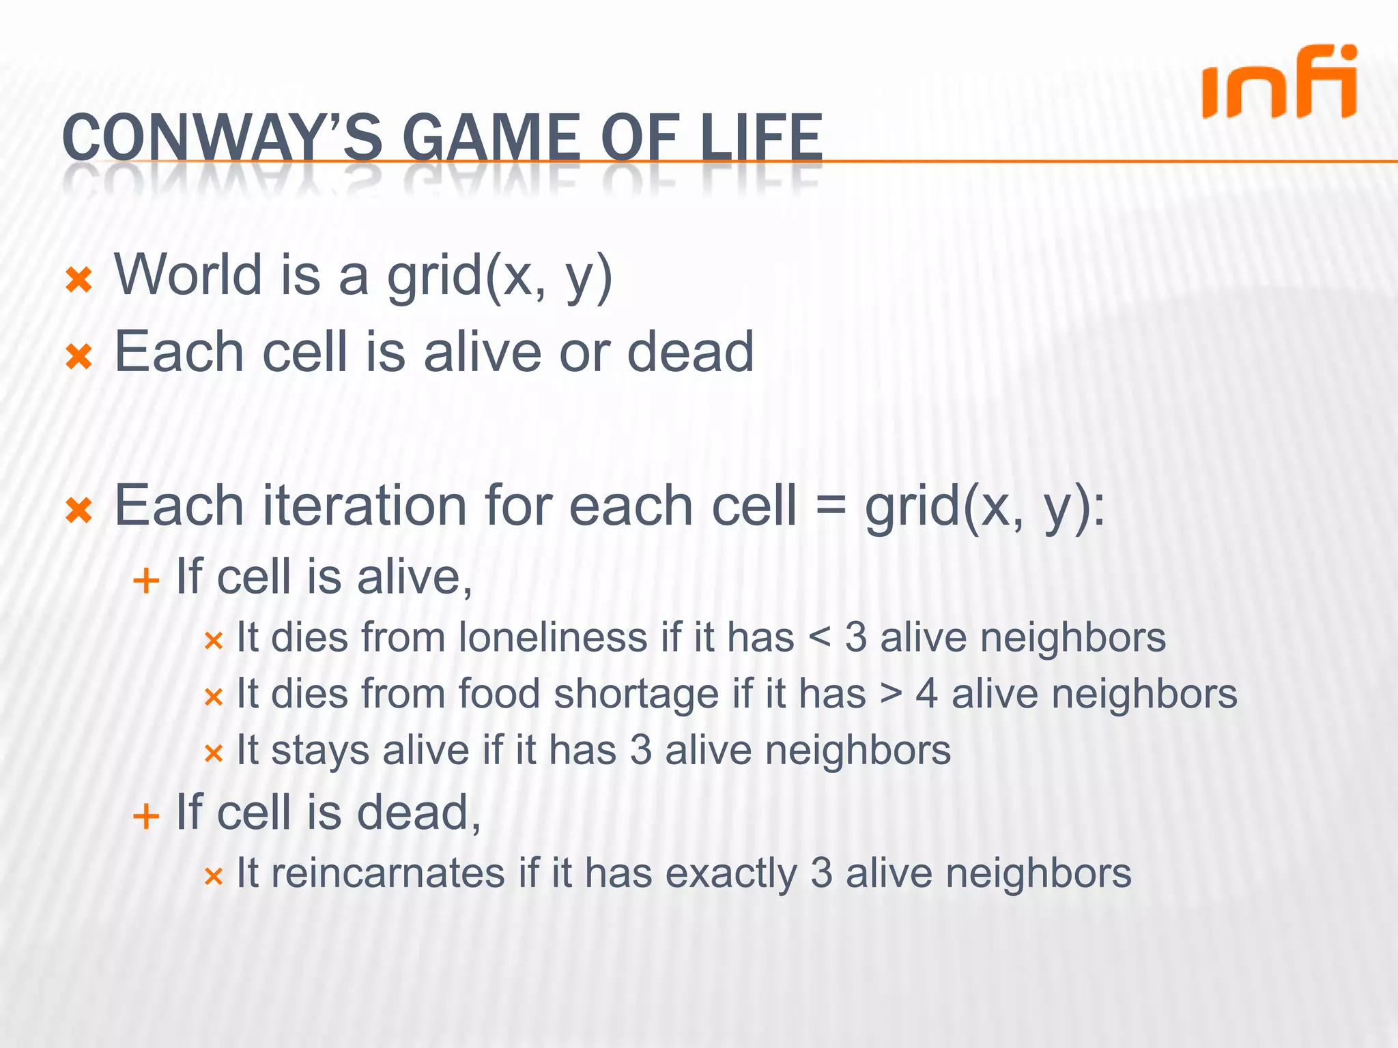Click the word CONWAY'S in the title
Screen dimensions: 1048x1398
tap(223, 139)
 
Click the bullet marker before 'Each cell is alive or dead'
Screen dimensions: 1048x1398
tap(79, 356)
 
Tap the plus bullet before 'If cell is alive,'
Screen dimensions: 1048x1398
tap(146, 581)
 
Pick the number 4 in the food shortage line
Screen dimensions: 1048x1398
tap(927, 695)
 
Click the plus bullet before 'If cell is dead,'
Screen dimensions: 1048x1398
tap(146, 816)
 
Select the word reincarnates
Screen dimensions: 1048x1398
tap(388, 873)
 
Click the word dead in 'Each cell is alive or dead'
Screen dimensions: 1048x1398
tap(690, 352)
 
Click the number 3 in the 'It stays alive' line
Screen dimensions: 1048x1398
tap(640, 751)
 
